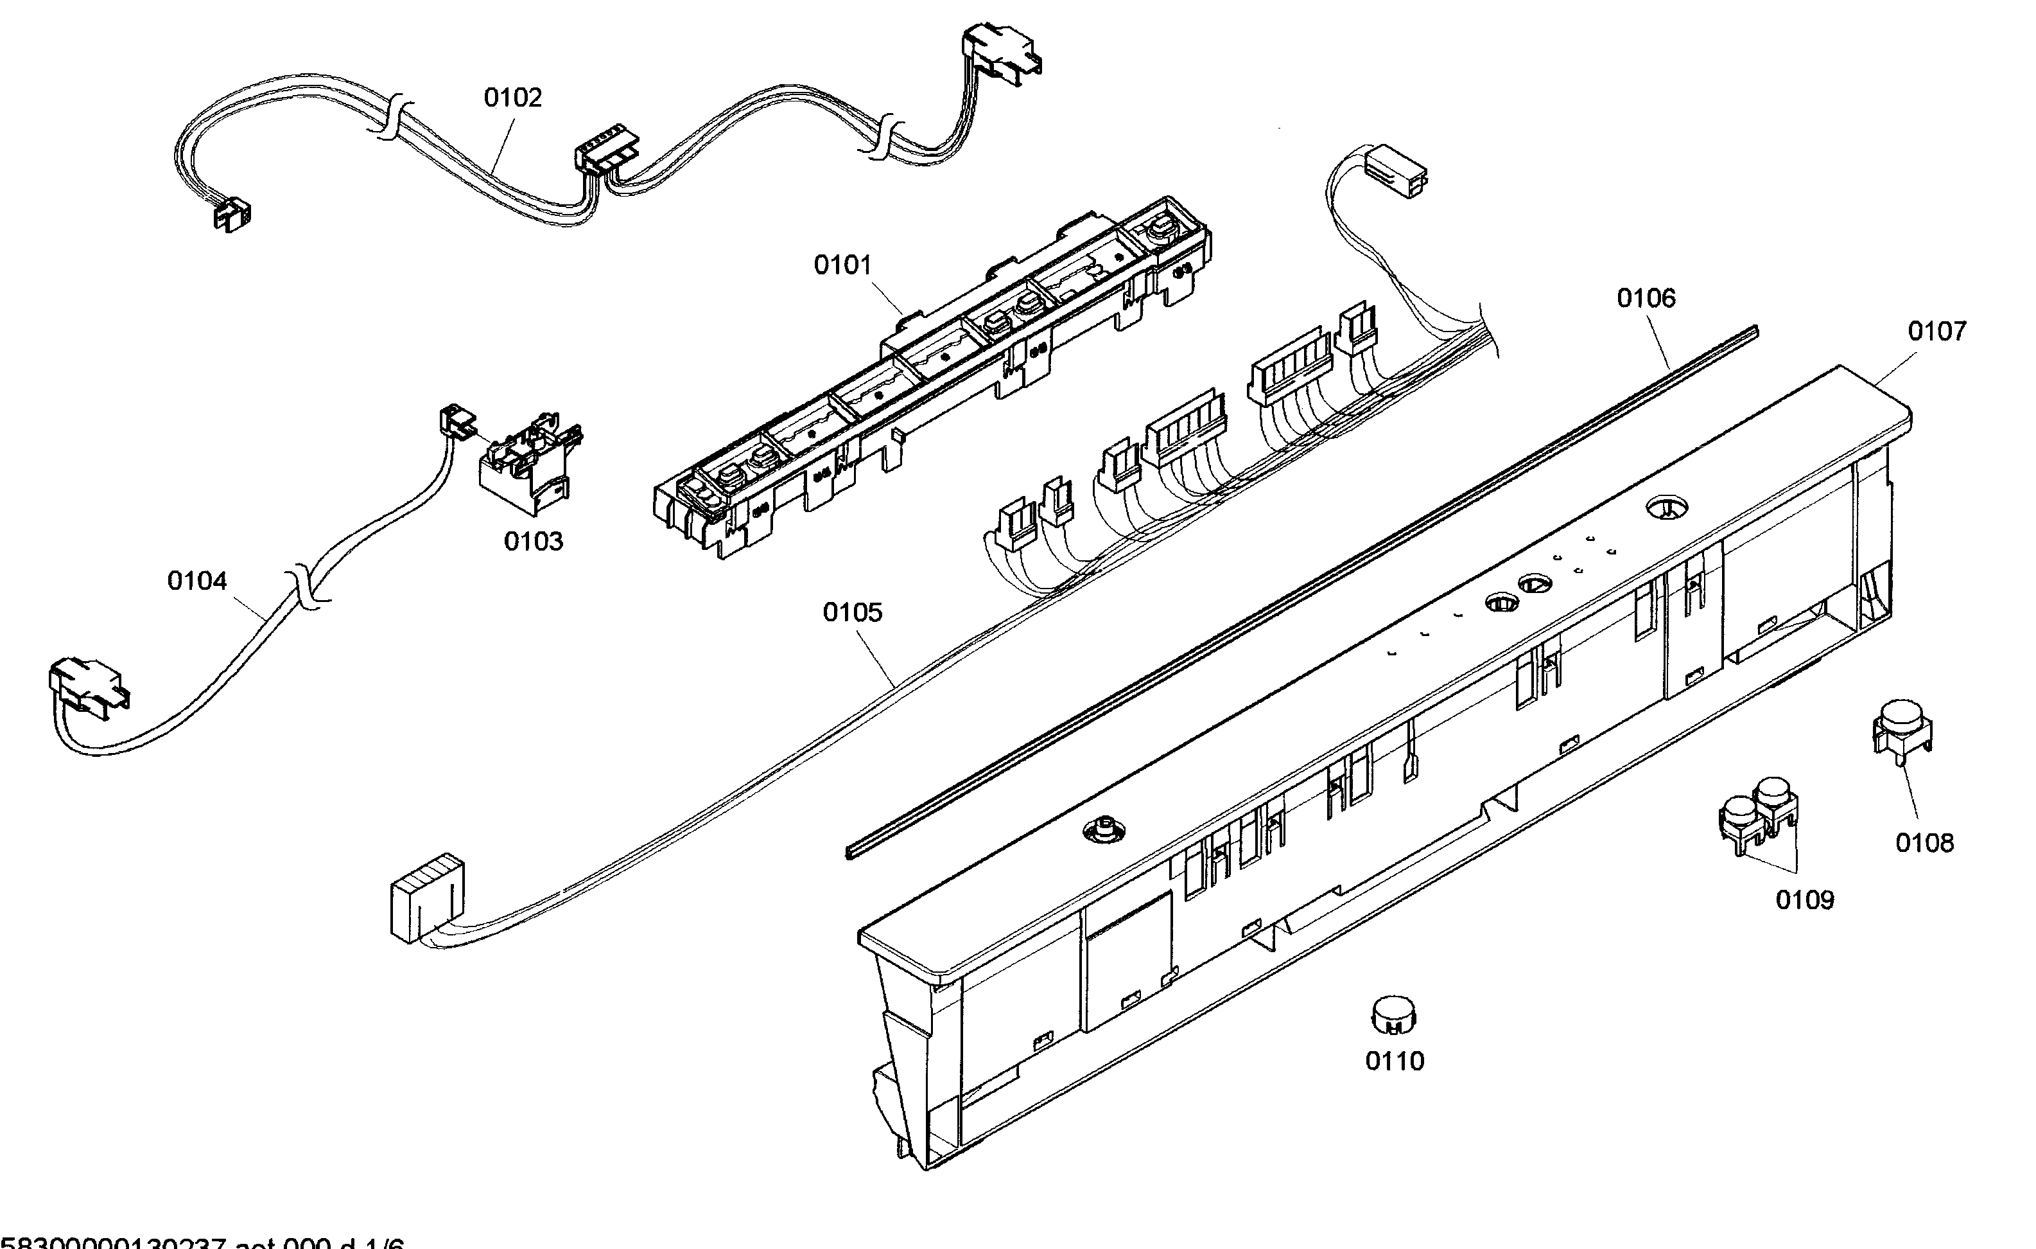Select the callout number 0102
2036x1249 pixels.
(512, 98)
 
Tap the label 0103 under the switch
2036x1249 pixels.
(533, 542)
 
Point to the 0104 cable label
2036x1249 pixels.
(196, 581)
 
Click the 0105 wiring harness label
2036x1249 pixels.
(852, 612)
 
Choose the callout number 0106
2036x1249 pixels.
(1646, 297)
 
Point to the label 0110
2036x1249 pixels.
(1395, 1061)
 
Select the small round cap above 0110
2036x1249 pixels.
(1393, 1013)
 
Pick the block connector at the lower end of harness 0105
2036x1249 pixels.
(424, 898)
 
